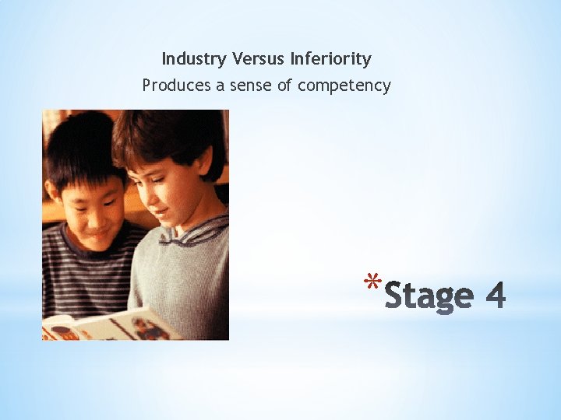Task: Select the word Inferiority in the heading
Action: [330, 59]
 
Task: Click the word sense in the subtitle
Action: [249, 86]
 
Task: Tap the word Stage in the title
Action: [429, 296]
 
